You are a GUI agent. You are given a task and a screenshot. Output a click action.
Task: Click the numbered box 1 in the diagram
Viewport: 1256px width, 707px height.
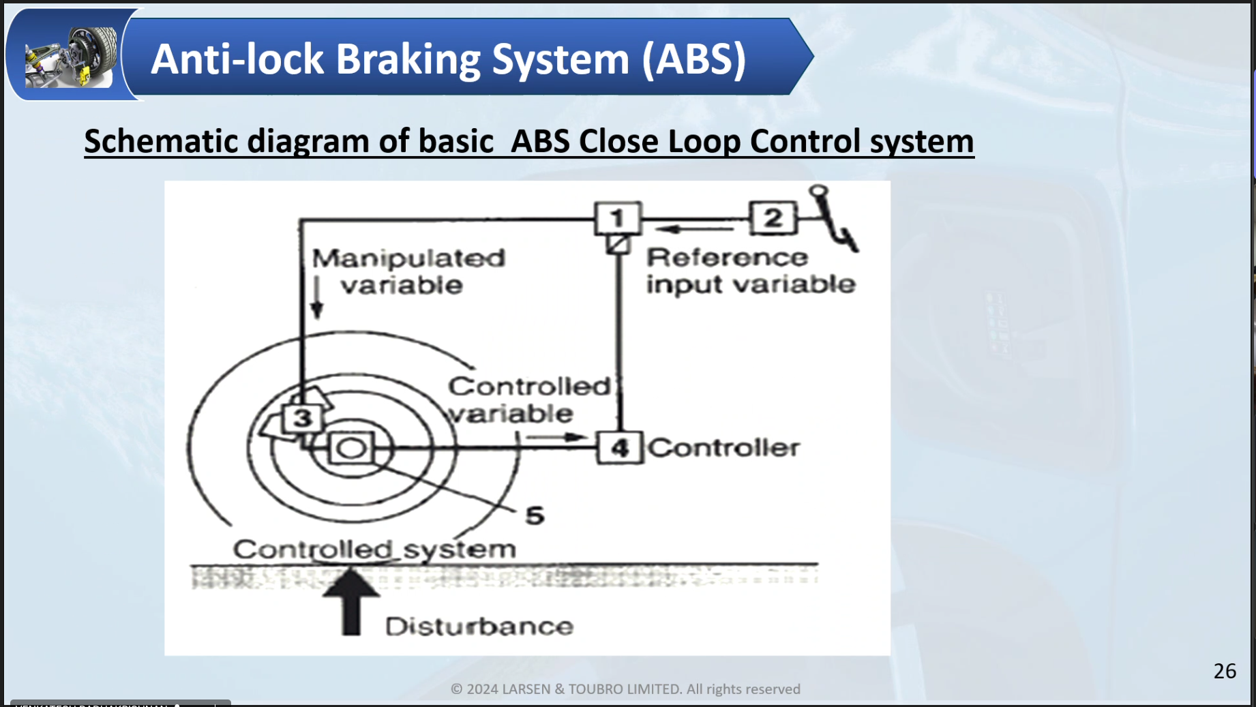tap(618, 218)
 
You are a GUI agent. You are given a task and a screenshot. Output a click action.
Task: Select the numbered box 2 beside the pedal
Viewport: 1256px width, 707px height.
tap(773, 218)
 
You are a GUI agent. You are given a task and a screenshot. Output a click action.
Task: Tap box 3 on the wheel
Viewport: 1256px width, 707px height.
tap(302, 418)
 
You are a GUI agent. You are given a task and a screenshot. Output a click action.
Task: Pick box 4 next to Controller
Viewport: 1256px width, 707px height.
tap(619, 448)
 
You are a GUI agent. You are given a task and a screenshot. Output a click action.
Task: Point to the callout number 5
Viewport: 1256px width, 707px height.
tap(535, 516)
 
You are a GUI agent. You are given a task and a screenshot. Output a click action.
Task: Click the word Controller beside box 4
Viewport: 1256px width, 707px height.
tap(723, 448)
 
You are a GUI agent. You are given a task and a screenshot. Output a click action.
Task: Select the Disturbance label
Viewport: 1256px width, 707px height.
tap(479, 627)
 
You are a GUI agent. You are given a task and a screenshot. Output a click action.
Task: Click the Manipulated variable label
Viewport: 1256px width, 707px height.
tap(408, 271)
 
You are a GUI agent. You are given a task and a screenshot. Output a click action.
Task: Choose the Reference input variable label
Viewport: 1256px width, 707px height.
tap(749, 271)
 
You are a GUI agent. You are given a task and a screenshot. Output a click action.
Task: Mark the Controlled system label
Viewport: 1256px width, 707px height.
tap(374, 549)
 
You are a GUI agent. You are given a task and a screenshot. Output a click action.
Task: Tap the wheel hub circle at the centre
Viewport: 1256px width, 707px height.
tap(352, 449)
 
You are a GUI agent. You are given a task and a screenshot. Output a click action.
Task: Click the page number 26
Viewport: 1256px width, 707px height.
tap(1225, 672)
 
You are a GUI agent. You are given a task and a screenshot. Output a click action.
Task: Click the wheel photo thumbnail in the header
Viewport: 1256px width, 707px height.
tap(71, 57)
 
